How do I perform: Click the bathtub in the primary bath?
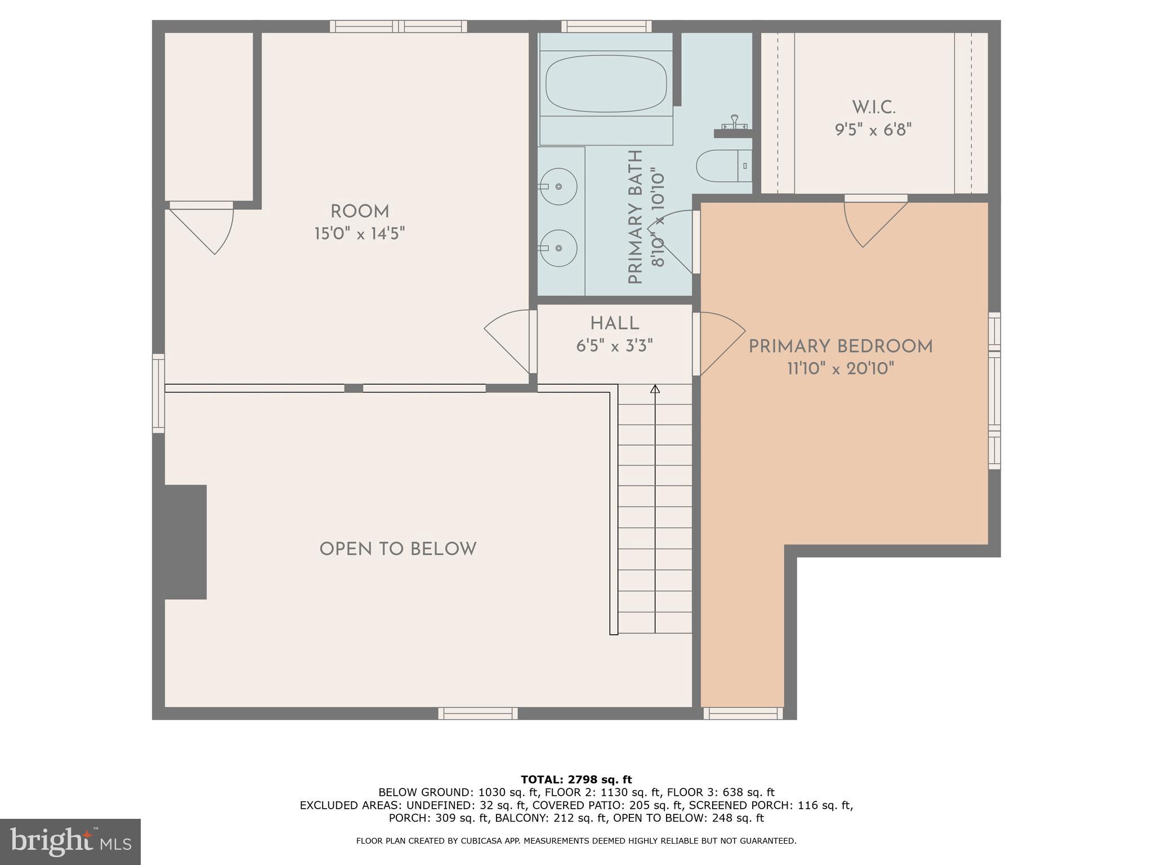pyautogui.click(x=606, y=83)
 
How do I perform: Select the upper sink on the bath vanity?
pyautogui.click(x=558, y=186)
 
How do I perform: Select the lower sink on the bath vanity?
pyautogui.click(x=558, y=248)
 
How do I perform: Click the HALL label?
pyautogui.click(x=614, y=324)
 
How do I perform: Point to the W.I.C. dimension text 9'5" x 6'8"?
pyautogui.click(x=873, y=130)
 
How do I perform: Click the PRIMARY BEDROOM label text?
pyautogui.click(x=840, y=346)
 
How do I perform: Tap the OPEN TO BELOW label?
pyautogui.click(x=398, y=549)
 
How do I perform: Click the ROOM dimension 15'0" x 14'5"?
pyautogui.click(x=360, y=233)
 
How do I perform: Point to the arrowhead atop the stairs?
pyautogui.click(x=655, y=389)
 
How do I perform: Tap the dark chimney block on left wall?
pyautogui.click(x=186, y=542)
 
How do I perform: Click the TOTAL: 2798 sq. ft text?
pyautogui.click(x=576, y=779)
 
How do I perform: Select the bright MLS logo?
pyautogui.click(x=70, y=841)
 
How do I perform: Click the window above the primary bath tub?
pyautogui.click(x=606, y=26)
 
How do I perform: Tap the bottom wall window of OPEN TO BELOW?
pyautogui.click(x=478, y=714)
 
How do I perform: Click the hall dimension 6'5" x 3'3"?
pyautogui.click(x=614, y=346)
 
